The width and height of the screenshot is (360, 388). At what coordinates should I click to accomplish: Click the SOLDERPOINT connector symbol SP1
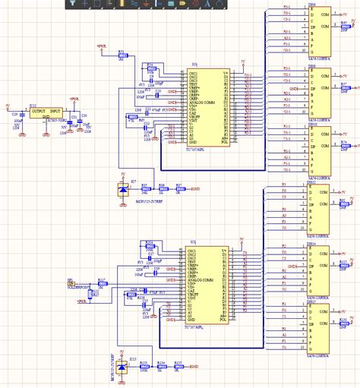click(71, 284)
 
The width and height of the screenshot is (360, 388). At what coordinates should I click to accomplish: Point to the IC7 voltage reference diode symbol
click(125, 188)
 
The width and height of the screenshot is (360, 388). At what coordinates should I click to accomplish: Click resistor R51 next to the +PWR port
click(122, 57)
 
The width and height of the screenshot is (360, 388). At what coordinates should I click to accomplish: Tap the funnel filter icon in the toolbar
click(70, 4)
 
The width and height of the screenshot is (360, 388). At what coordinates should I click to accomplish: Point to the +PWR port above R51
click(103, 46)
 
